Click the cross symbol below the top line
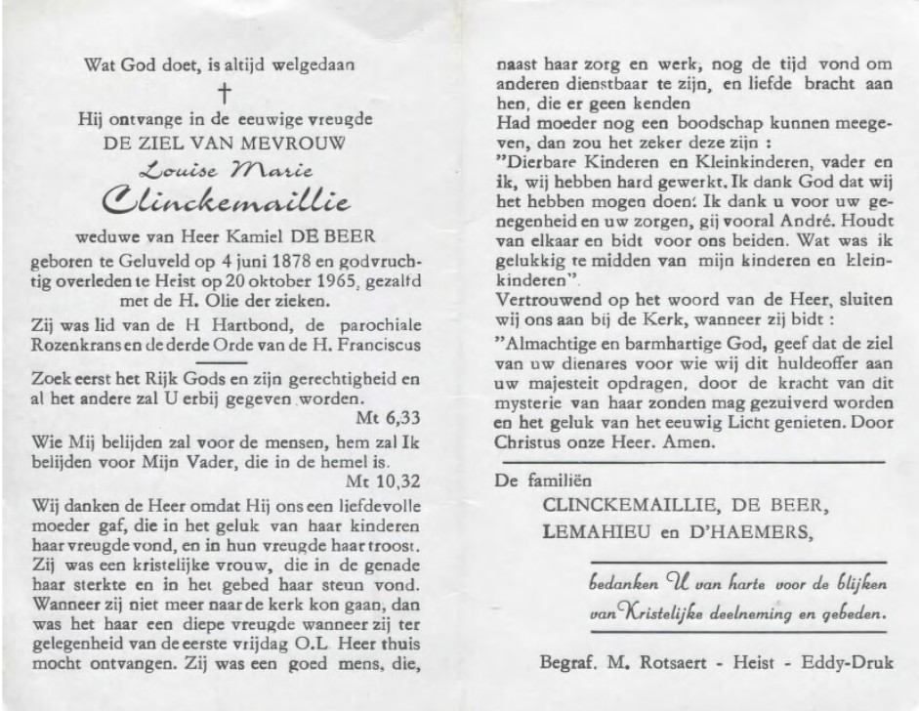[225, 93]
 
